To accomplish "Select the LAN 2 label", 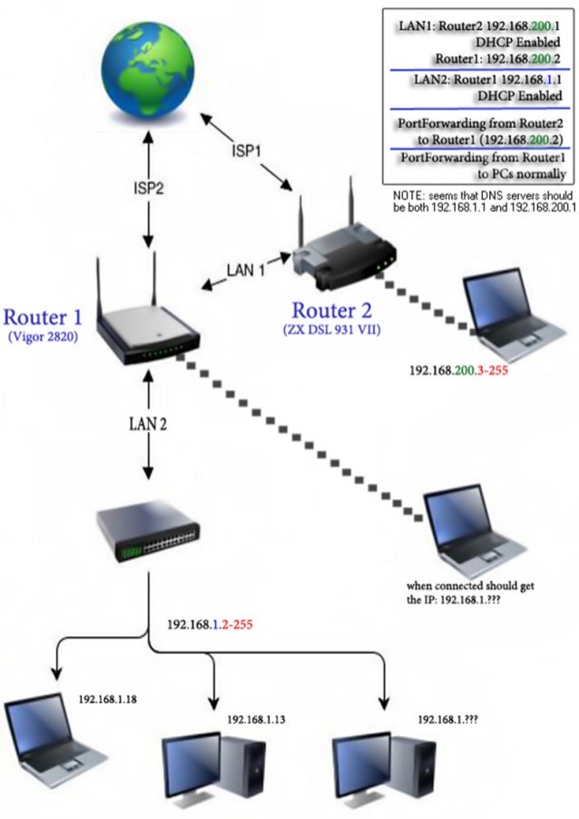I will (146, 422).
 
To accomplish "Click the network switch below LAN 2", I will (147, 538).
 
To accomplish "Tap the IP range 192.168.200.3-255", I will (457, 371).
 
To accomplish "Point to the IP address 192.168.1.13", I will (257, 719).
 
